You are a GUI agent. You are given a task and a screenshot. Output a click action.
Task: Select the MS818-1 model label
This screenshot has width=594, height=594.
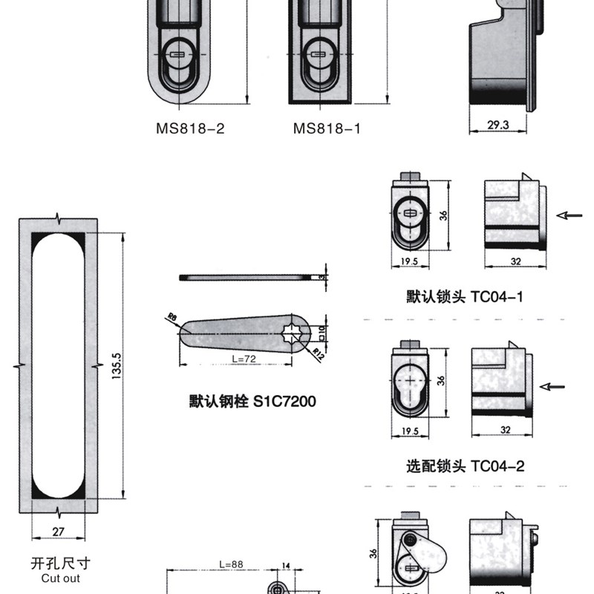pyautogui.click(x=327, y=128)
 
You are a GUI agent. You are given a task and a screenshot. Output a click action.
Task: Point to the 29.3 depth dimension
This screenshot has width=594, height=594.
pyautogui.click(x=499, y=125)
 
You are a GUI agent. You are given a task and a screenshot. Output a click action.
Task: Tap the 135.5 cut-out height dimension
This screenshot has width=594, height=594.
pyautogui.click(x=117, y=366)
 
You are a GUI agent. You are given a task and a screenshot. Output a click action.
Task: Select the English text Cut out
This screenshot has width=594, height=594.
pyautogui.click(x=61, y=578)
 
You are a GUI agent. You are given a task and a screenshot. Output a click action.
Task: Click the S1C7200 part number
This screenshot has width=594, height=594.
pyautogui.click(x=285, y=402)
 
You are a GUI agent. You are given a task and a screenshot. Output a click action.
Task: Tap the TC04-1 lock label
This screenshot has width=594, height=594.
pyautogui.click(x=498, y=297)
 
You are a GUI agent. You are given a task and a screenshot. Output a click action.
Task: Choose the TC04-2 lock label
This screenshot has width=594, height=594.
pyautogui.click(x=498, y=466)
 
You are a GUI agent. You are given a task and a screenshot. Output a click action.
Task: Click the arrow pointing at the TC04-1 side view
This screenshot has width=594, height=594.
pyautogui.click(x=570, y=215)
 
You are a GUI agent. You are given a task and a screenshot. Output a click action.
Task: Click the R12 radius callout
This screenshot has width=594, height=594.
pyautogui.click(x=318, y=352)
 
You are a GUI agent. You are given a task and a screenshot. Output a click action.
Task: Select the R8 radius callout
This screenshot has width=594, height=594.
pyautogui.click(x=172, y=317)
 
